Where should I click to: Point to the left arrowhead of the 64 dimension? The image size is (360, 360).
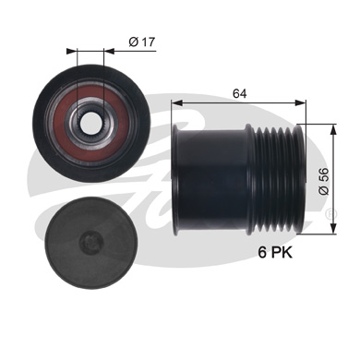[x=177, y=104]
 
